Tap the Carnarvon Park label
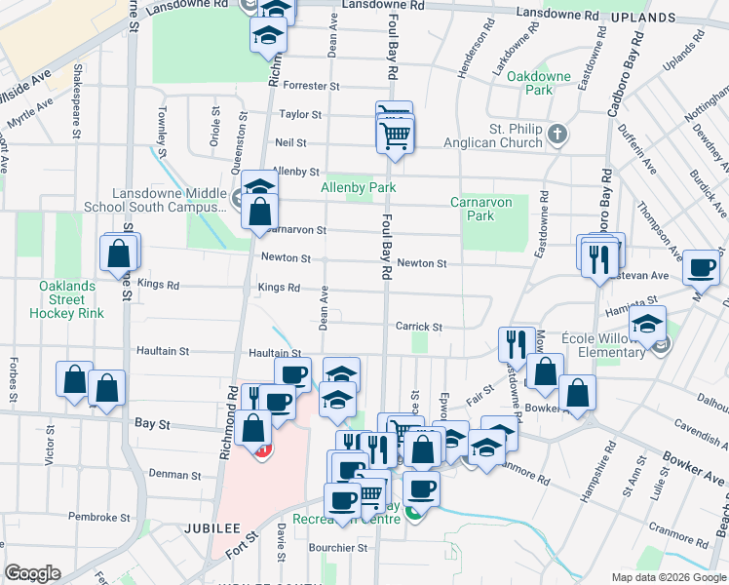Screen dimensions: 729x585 click(474, 209)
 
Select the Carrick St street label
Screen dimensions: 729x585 click(419, 327)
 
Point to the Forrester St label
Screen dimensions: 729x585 click(310, 86)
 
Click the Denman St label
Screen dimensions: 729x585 click(174, 475)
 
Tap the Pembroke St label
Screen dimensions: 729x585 click(98, 518)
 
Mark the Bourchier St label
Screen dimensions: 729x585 click(336, 548)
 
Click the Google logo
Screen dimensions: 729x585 click(33, 573)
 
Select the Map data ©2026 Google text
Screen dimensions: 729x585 click(668, 577)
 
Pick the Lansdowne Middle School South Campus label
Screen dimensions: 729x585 click(170, 200)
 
